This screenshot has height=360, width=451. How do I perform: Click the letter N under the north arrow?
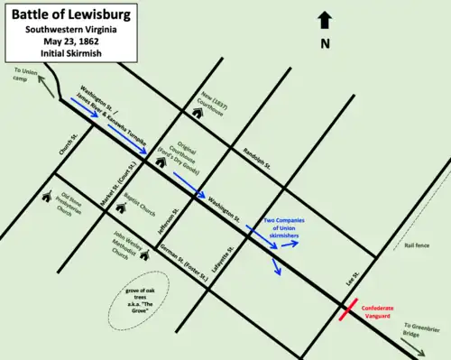(326, 42)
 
